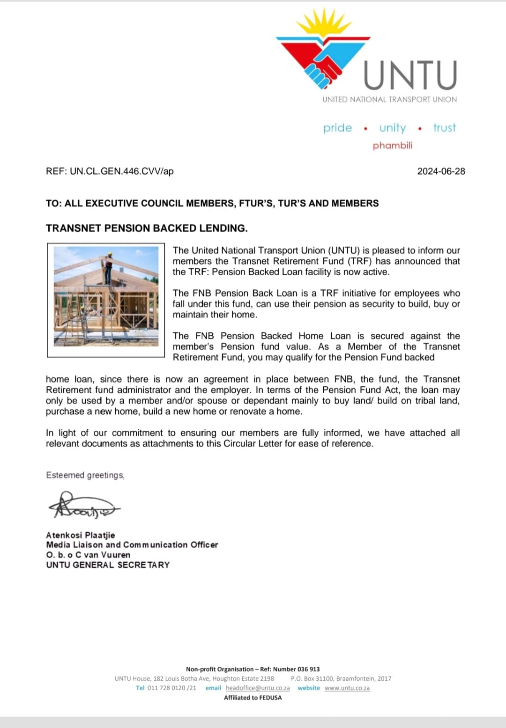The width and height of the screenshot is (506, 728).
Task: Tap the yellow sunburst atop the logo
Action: (x=323, y=23)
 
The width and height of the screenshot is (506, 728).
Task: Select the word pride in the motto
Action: (x=337, y=128)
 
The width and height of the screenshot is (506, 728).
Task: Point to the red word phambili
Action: (x=393, y=146)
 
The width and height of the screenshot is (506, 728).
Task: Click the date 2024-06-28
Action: (x=441, y=171)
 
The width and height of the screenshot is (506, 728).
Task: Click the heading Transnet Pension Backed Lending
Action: (x=147, y=228)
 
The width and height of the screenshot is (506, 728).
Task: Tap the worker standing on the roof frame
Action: (x=109, y=268)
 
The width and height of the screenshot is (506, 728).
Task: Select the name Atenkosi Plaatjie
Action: (x=81, y=535)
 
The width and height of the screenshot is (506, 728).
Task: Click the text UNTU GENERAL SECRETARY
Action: (x=108, y=565)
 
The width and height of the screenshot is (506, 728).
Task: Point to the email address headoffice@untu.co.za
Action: (x=258, y=688)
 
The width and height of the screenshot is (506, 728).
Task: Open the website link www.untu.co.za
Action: (x=347, y=688)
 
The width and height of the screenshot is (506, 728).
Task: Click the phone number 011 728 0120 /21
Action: (x=171, y=688)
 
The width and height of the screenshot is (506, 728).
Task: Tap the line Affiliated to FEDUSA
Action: (x=253, y=698)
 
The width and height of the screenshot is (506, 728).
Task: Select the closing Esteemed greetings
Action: (x=85, y=475)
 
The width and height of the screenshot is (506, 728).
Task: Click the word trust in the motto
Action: (x=444, y=128)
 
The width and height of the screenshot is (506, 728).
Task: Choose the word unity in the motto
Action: (x=393, y=128)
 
